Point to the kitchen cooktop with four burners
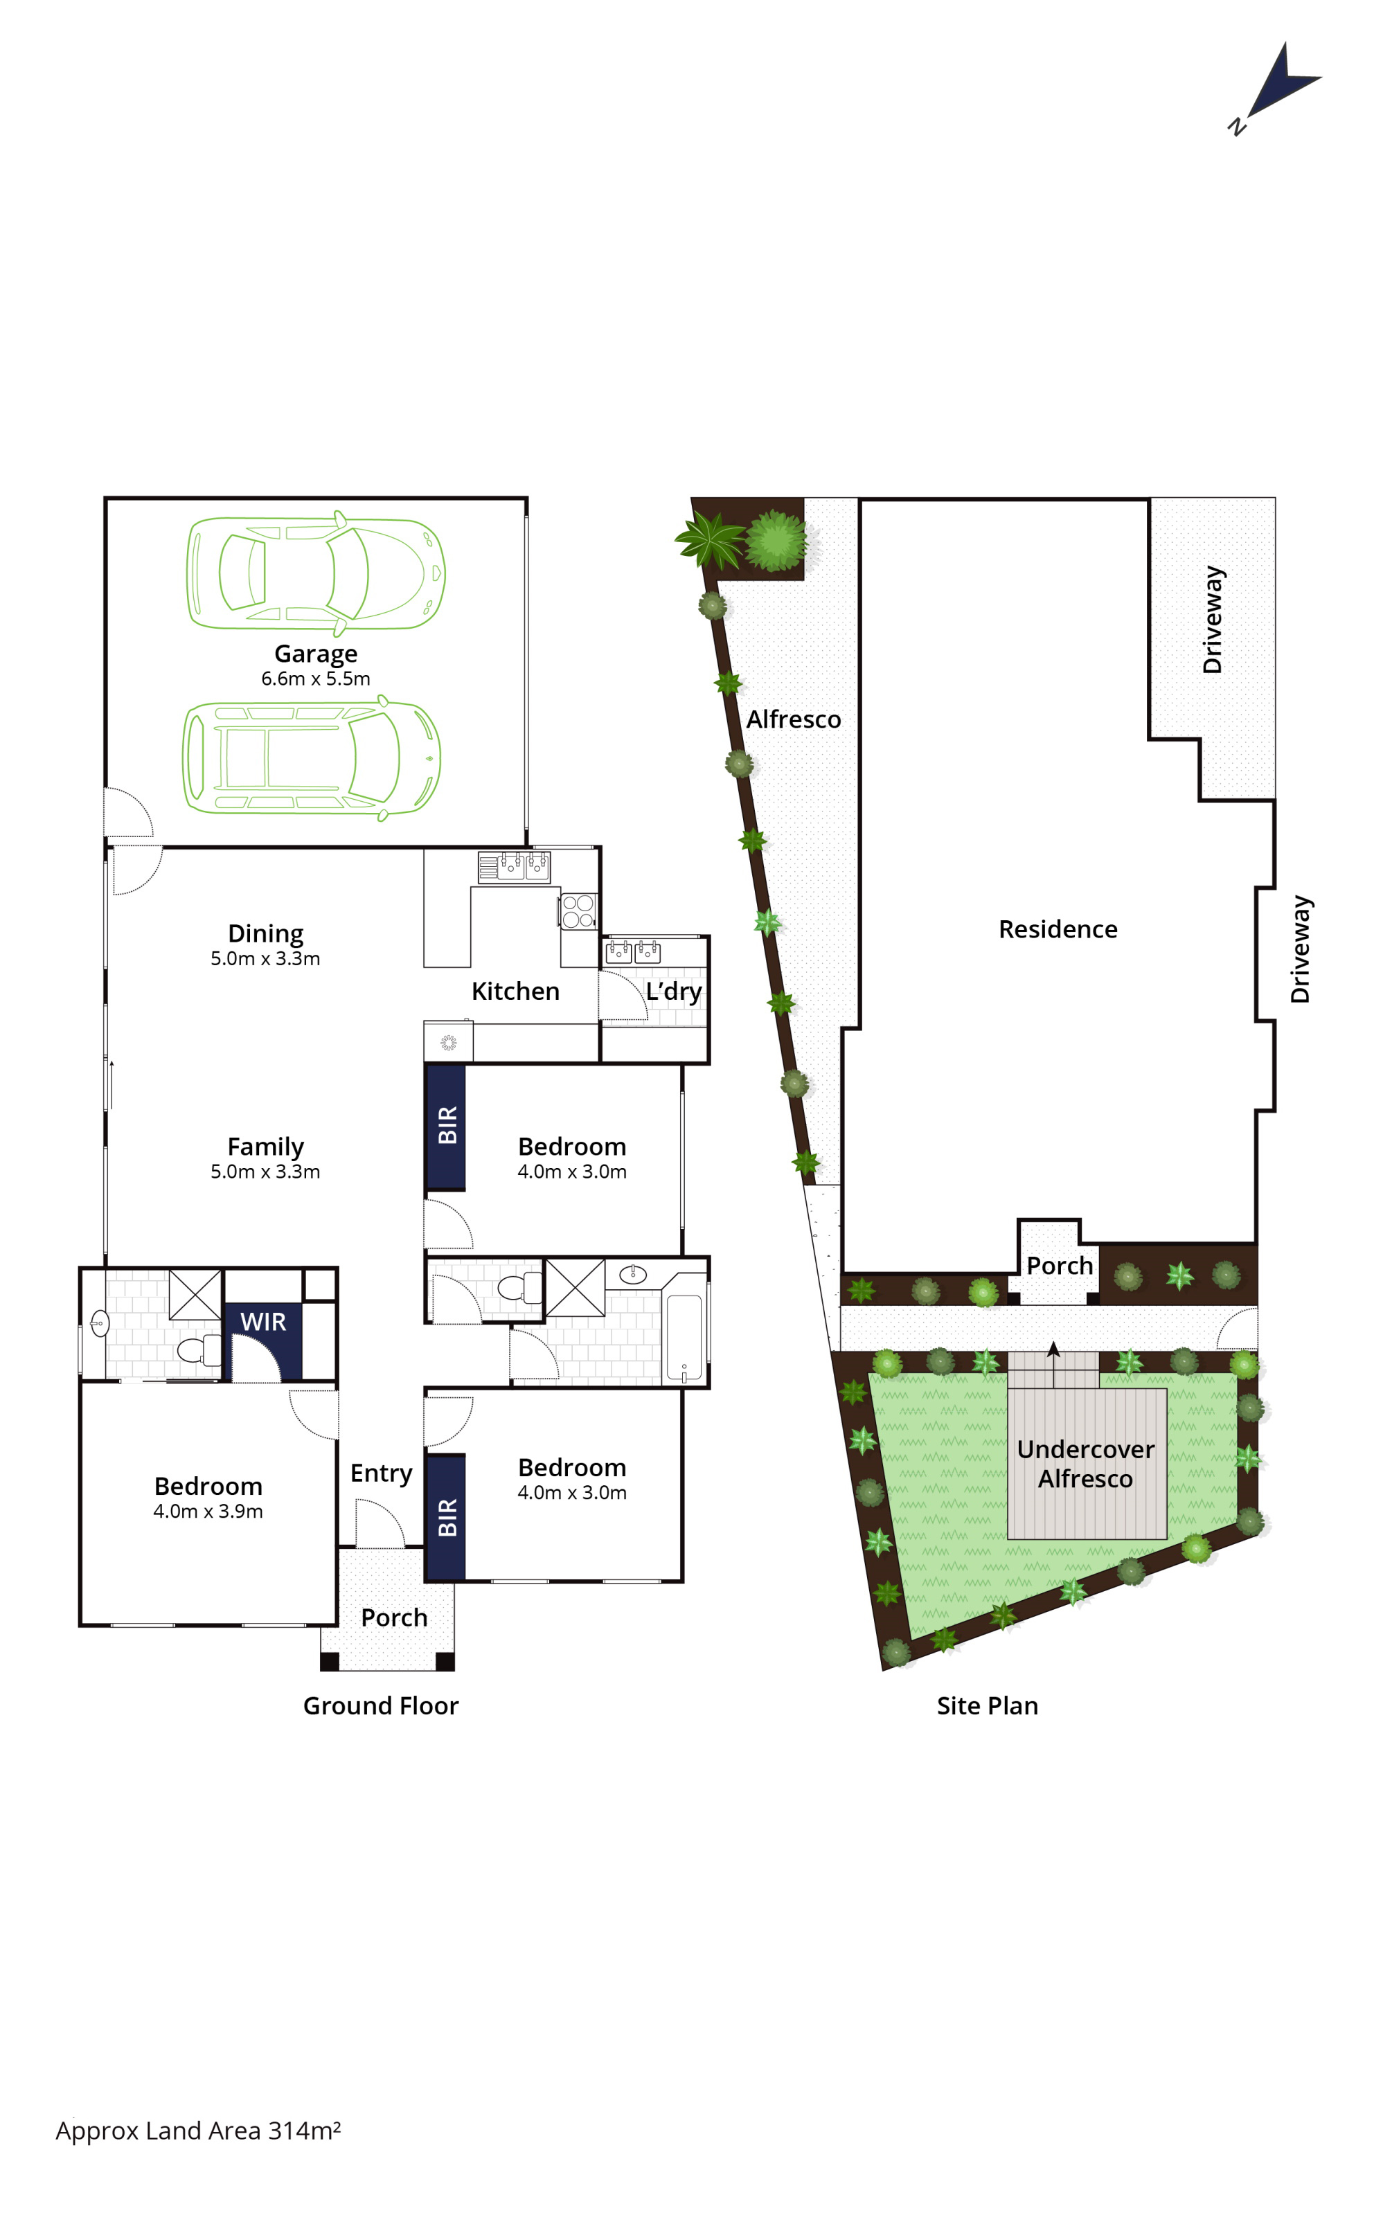click(578, 911)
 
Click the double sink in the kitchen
click(515, 867)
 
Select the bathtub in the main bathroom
click(684, 1339)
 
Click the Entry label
click(381, 1473)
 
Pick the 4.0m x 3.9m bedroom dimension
click(208, 1511)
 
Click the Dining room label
click(265, 934)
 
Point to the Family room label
click(265, 1147)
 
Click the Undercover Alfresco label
click(1085, 1464)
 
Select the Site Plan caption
click(987, 1706)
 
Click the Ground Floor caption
click(381, 1706)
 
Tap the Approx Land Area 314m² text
click(198, 2131)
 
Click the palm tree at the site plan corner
click(708, 539)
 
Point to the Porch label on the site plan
click(1060, 1266)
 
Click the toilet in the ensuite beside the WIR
click(199, 1350)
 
